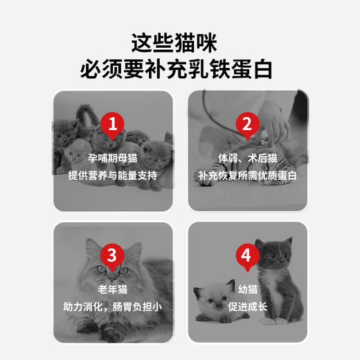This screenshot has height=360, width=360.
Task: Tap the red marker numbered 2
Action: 245,125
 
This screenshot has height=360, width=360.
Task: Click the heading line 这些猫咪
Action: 180,43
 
